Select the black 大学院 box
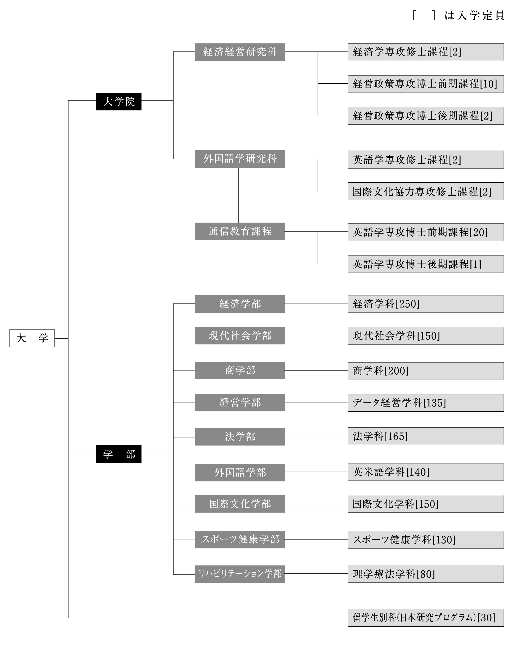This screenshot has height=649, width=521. tap(119, 101)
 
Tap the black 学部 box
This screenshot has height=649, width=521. tap(119, 454)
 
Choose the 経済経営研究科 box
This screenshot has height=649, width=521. tap(240, 52)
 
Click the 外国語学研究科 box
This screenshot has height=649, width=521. tap(240, 159)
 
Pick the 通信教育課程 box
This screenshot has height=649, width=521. tap(240, 231)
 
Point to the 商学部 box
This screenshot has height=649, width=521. tap(240, 370)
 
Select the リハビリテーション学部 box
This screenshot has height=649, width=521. tap(240, 574)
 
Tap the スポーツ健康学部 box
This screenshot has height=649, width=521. tap(240, 539)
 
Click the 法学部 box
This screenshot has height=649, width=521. tap(240, 436)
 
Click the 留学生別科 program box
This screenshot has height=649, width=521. tap(426, 618)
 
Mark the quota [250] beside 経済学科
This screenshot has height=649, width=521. tap(407, 304)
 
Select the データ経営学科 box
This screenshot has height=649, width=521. tap(426, 403)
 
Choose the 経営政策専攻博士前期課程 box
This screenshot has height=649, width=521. tap(426, 84)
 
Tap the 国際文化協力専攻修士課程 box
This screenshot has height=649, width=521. tap(426, 191)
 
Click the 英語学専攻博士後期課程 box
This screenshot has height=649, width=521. tap(426, 264)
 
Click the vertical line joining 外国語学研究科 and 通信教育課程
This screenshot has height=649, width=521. tap(239, 195)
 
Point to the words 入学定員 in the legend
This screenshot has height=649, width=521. tap(480, 15)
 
